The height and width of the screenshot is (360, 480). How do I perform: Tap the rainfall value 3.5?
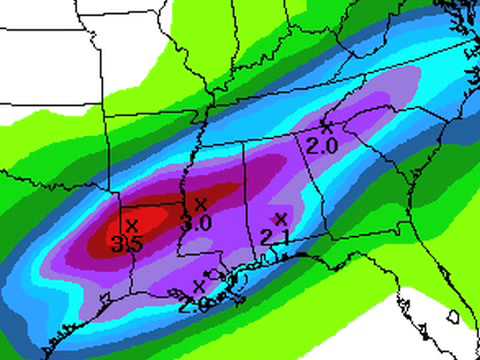click(x=126, y=243)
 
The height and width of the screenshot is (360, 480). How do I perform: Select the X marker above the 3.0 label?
click(x=201, y=206)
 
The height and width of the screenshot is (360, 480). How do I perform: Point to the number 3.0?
click(x=196, y=223)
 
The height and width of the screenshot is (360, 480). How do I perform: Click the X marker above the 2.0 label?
click(x=325, y=126)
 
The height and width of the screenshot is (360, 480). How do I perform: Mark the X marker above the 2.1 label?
click(x=280, y=218)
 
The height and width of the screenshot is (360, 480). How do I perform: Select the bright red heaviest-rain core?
click(x=140, y=228)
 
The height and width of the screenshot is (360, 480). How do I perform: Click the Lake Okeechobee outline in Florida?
click(x=450, y=317)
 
